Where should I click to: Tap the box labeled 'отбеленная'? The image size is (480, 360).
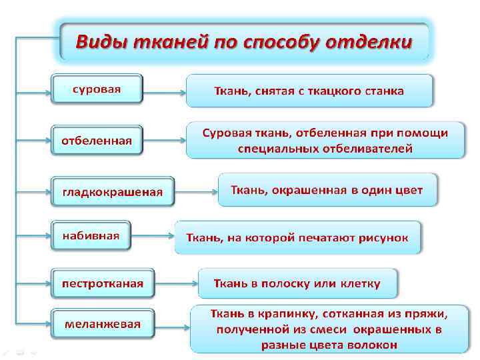[97, 141]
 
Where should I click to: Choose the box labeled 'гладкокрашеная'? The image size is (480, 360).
[113, 192]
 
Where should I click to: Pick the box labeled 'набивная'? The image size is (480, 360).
[91, 235]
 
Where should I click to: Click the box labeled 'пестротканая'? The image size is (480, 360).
[103, 283]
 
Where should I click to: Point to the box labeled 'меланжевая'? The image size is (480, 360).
[103, 324]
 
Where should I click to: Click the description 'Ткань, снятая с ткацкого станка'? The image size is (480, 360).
[309, 91]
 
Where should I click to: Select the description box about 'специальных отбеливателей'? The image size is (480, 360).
[325, 140]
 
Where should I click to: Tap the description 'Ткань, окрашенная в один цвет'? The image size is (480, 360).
[327, 190]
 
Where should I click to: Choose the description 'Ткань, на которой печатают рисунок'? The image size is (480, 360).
[297, 237]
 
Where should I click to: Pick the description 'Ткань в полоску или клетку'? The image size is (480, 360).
[297, 283]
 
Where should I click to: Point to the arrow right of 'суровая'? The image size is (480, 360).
[164, 90]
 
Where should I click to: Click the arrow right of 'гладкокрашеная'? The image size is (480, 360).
[196, 192]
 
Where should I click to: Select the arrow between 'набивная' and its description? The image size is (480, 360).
[153, 237]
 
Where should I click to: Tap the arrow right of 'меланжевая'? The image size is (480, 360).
[172, 325]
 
